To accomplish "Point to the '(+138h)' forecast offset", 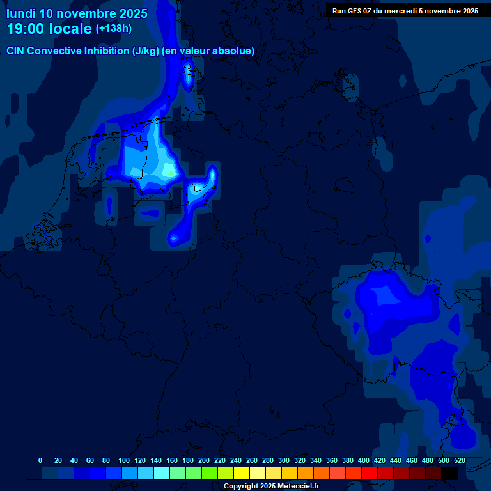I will click(x=113, y=29).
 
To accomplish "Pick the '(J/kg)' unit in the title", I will click(x=146, y=51).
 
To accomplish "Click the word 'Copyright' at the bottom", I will click(x=240, y=486).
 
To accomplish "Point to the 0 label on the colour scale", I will click(x=40, y=460).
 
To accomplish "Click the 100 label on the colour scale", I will click(x=123, y=460).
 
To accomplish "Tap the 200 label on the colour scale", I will click(x=203, y=460).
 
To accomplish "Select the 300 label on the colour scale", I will click(x=283, y=460).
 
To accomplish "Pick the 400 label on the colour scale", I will click(x=363, y=460).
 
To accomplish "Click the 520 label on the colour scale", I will click(x=459, y=460).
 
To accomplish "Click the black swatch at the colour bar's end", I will click(x=449, y=473).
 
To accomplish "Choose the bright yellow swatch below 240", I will click(x=242, y=473).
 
